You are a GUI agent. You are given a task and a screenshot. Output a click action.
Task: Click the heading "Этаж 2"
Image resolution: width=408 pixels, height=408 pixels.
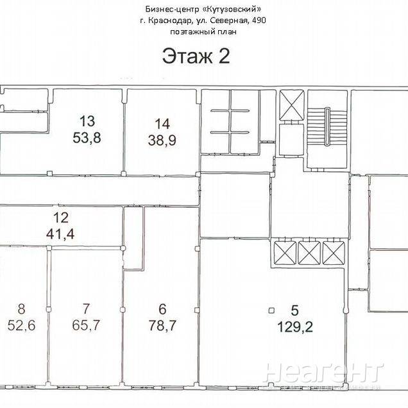(196, 56)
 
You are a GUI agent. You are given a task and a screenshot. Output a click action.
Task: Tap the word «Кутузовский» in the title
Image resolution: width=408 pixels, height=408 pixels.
(232, 10)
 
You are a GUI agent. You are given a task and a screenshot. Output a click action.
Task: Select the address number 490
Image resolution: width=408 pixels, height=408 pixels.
(259, 21)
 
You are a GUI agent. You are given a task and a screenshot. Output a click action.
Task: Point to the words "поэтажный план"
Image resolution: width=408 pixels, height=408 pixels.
(203, 31)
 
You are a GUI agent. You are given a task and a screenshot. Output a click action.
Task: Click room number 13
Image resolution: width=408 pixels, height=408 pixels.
(87, 121)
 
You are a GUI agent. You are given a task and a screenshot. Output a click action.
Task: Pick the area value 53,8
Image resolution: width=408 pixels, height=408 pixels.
(87, 138)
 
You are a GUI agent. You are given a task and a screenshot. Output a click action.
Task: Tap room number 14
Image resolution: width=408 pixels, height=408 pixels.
(162, 124)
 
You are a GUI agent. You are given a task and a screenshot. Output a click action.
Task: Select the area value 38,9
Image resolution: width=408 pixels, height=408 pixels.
(162, 140)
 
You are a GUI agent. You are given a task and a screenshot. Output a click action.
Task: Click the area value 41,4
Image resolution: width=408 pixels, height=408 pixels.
(60, 234)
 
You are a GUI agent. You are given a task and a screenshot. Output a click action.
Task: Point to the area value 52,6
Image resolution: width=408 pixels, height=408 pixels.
(21, 325)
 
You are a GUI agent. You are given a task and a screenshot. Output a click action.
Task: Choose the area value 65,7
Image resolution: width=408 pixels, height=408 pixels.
(86, 325)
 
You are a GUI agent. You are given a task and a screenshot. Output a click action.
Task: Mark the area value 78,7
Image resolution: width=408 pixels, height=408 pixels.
(162, 325)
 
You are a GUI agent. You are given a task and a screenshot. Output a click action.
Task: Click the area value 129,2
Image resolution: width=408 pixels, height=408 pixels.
(295, 327)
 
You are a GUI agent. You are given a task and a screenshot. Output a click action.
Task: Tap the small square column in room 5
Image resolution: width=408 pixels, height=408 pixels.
(271, 310)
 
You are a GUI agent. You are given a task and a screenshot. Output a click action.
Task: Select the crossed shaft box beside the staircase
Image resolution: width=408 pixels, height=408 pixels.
(292, 105)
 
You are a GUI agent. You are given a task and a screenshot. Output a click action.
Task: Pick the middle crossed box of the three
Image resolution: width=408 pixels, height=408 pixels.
(309, 253)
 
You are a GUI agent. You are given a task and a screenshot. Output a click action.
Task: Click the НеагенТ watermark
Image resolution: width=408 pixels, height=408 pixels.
(324, 372)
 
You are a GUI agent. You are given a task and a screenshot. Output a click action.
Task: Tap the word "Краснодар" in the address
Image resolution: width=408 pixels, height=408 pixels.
(170, 21)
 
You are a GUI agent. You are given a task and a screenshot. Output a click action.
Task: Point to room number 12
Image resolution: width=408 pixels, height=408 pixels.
(61, 217)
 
